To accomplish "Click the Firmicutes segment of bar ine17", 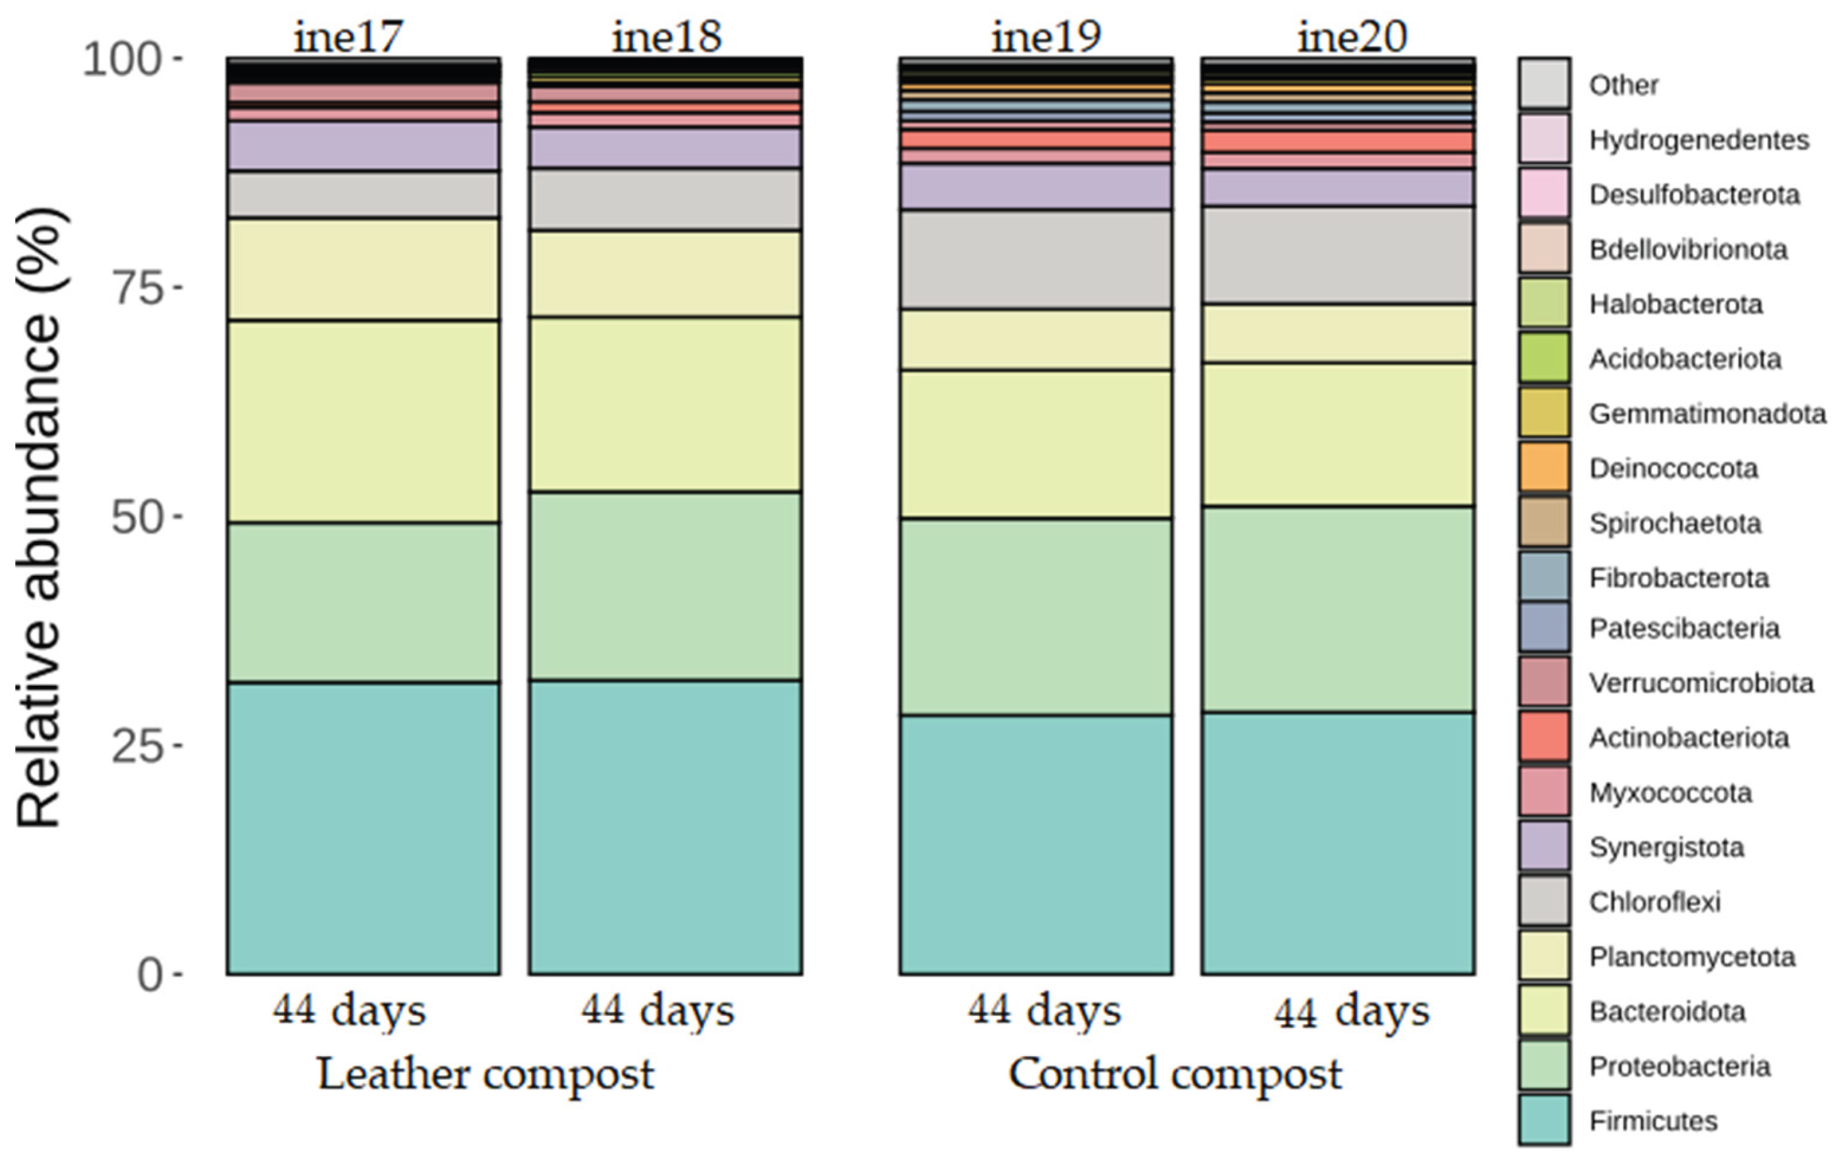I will pyautogui.click(x=363, y=828).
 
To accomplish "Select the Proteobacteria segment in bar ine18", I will pyautogui.click(x=665, y=585).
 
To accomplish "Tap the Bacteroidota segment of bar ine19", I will pyautogui.click(x=1036, y=444).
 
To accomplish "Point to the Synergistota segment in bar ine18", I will pyautogui.click(x=665, y=148).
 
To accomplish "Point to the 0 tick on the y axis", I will pyautogui.click(x=150, y=974).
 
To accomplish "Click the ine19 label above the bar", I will pyautogui.click(x=1046, y=36).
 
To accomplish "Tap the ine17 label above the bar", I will pyautogui.click(x=349, y=36).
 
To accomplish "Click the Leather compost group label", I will pyautogui.click(x=485, y=1074).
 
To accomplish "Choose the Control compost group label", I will pyautogui.click(x=1175, y=1074).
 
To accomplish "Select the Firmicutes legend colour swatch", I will pyautogui.click(x=1544, y=1120).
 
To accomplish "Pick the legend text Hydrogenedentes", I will pyautogui.click(x=1699, y=140).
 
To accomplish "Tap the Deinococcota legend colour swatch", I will pyautogui.click(x=1544, y=467).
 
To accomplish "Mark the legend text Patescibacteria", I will pyautogui.click(x=1684, y=628).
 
